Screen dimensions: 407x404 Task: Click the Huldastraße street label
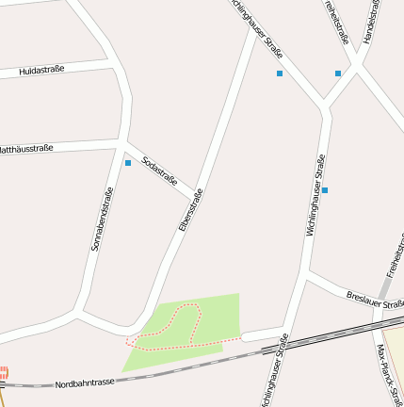[x=40, y=70]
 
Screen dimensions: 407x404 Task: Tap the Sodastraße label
[x=159, y=170]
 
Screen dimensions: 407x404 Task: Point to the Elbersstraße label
[x=190, y=210]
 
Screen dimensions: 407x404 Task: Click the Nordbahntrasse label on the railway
[x=85, y=383]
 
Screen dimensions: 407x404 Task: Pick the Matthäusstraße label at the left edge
[x=25, y=148]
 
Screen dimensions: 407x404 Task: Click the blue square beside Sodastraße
[x=128, y=163]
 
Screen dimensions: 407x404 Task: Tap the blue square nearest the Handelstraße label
[x=338, y=73]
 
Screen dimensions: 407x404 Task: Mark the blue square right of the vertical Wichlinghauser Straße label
[x=325, y=190]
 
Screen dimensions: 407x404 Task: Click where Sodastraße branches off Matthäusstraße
[x=124, y=144]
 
